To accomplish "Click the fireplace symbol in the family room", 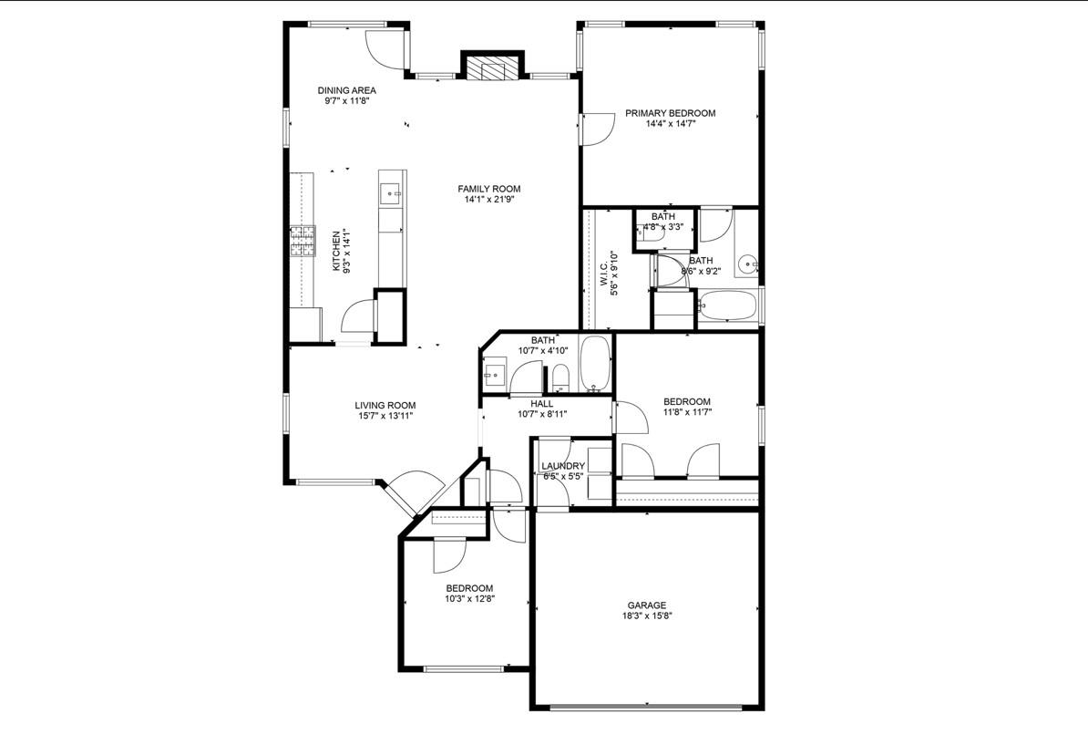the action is tap(493, 67).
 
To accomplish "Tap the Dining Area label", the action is tap(347, 90).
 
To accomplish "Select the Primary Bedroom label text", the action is tap(671, 113).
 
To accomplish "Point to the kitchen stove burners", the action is tap(303, 243).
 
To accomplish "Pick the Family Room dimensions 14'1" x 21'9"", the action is tap(489, 200).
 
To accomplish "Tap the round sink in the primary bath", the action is tap(746, 264).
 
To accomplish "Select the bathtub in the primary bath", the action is tap(728, 305).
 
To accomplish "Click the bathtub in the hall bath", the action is tap(595, 364).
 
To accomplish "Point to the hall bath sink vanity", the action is tap(496, 376).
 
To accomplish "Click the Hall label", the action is tap(542, 404).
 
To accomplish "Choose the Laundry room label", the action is tap(563, 466).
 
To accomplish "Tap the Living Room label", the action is tap(385, 406).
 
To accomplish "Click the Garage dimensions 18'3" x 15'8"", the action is tap(647, 616).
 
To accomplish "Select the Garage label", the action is tap(647, 605).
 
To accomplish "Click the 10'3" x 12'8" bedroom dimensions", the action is tap(470, 598).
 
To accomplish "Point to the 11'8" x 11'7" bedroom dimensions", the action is tap(687, 412).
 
